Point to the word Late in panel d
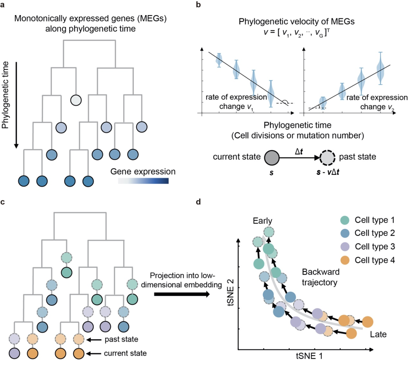378,335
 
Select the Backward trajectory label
320,276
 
